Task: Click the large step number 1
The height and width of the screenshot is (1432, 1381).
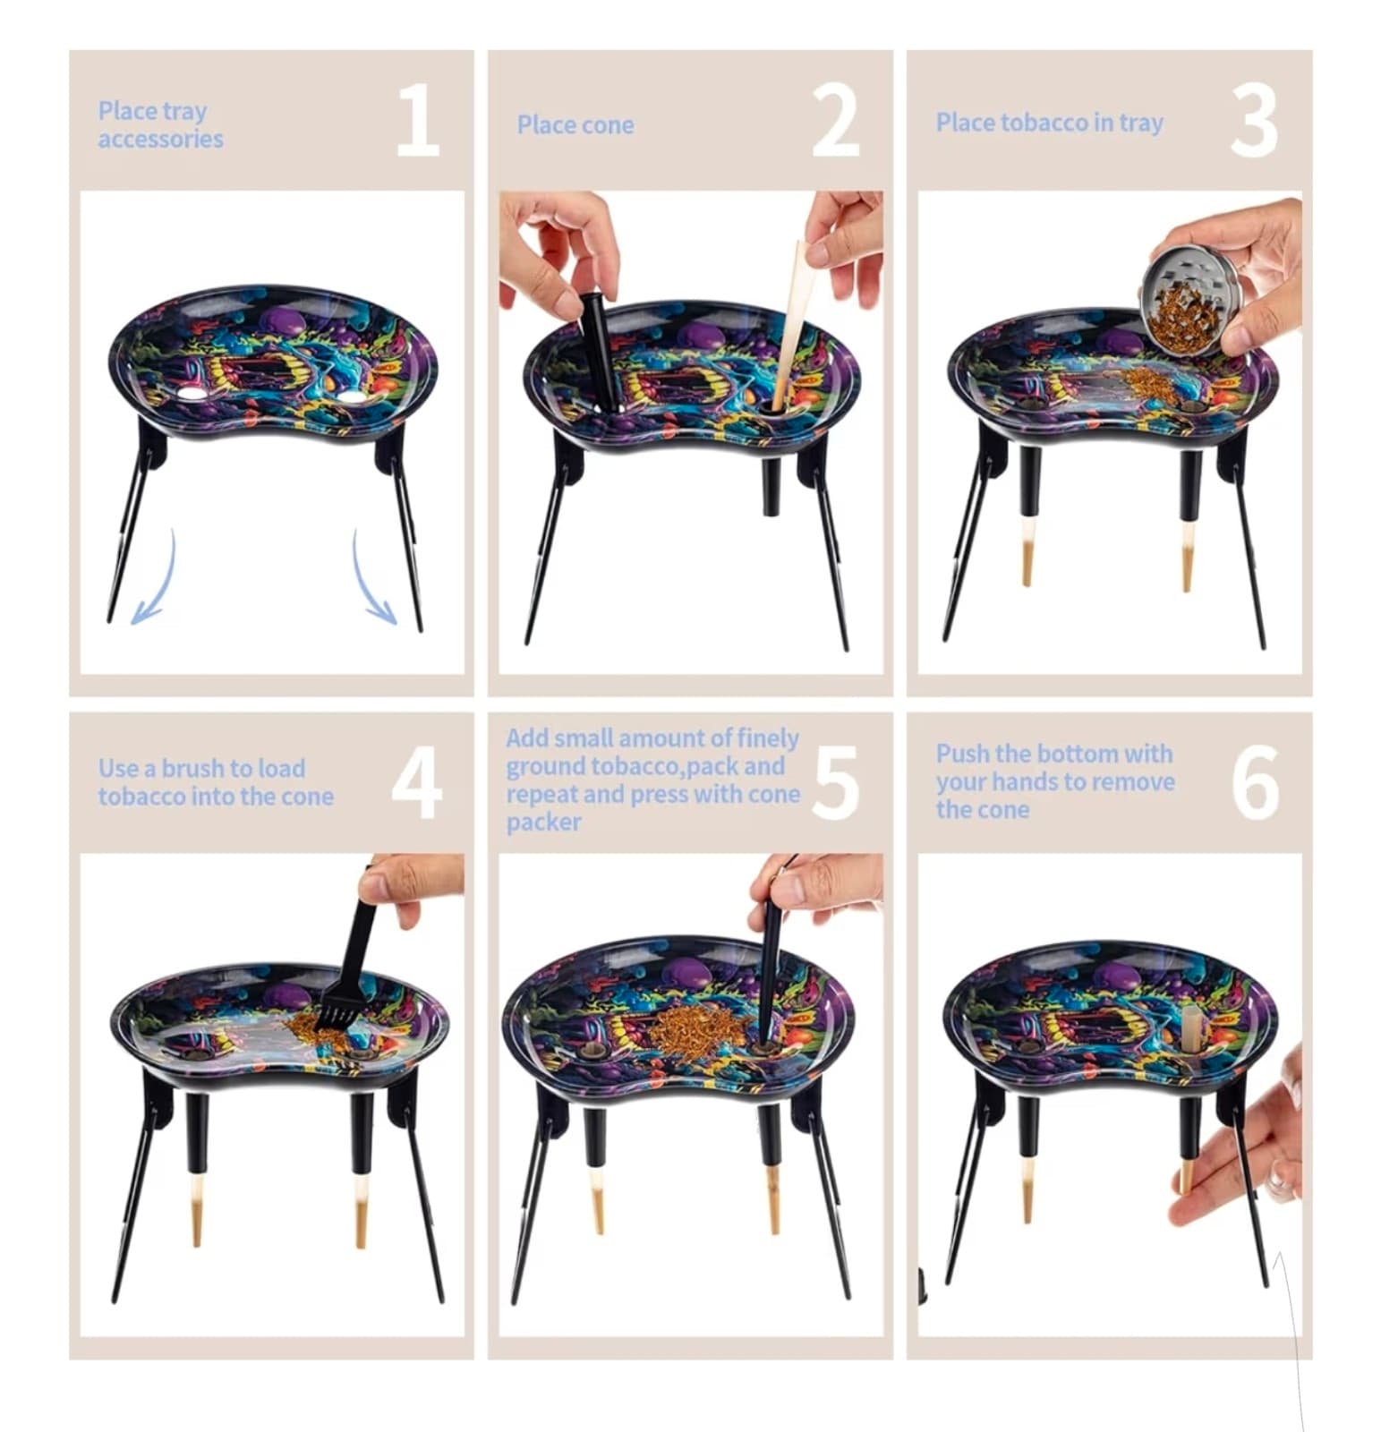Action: click(418, 122)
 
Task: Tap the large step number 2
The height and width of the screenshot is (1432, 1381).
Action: click(836, 122)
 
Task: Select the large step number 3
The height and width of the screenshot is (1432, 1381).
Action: click(1254, 122)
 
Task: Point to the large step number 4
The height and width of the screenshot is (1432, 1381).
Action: click(417, 784)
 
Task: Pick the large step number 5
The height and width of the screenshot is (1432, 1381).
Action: click(836, 784)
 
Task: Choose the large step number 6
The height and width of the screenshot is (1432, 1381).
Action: click(1255, 784)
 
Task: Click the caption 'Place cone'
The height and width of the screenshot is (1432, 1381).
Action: click(575, 125)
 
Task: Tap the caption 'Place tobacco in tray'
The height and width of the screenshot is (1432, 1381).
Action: click(1050, 123)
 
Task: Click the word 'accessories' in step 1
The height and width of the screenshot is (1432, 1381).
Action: click(161, 139)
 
